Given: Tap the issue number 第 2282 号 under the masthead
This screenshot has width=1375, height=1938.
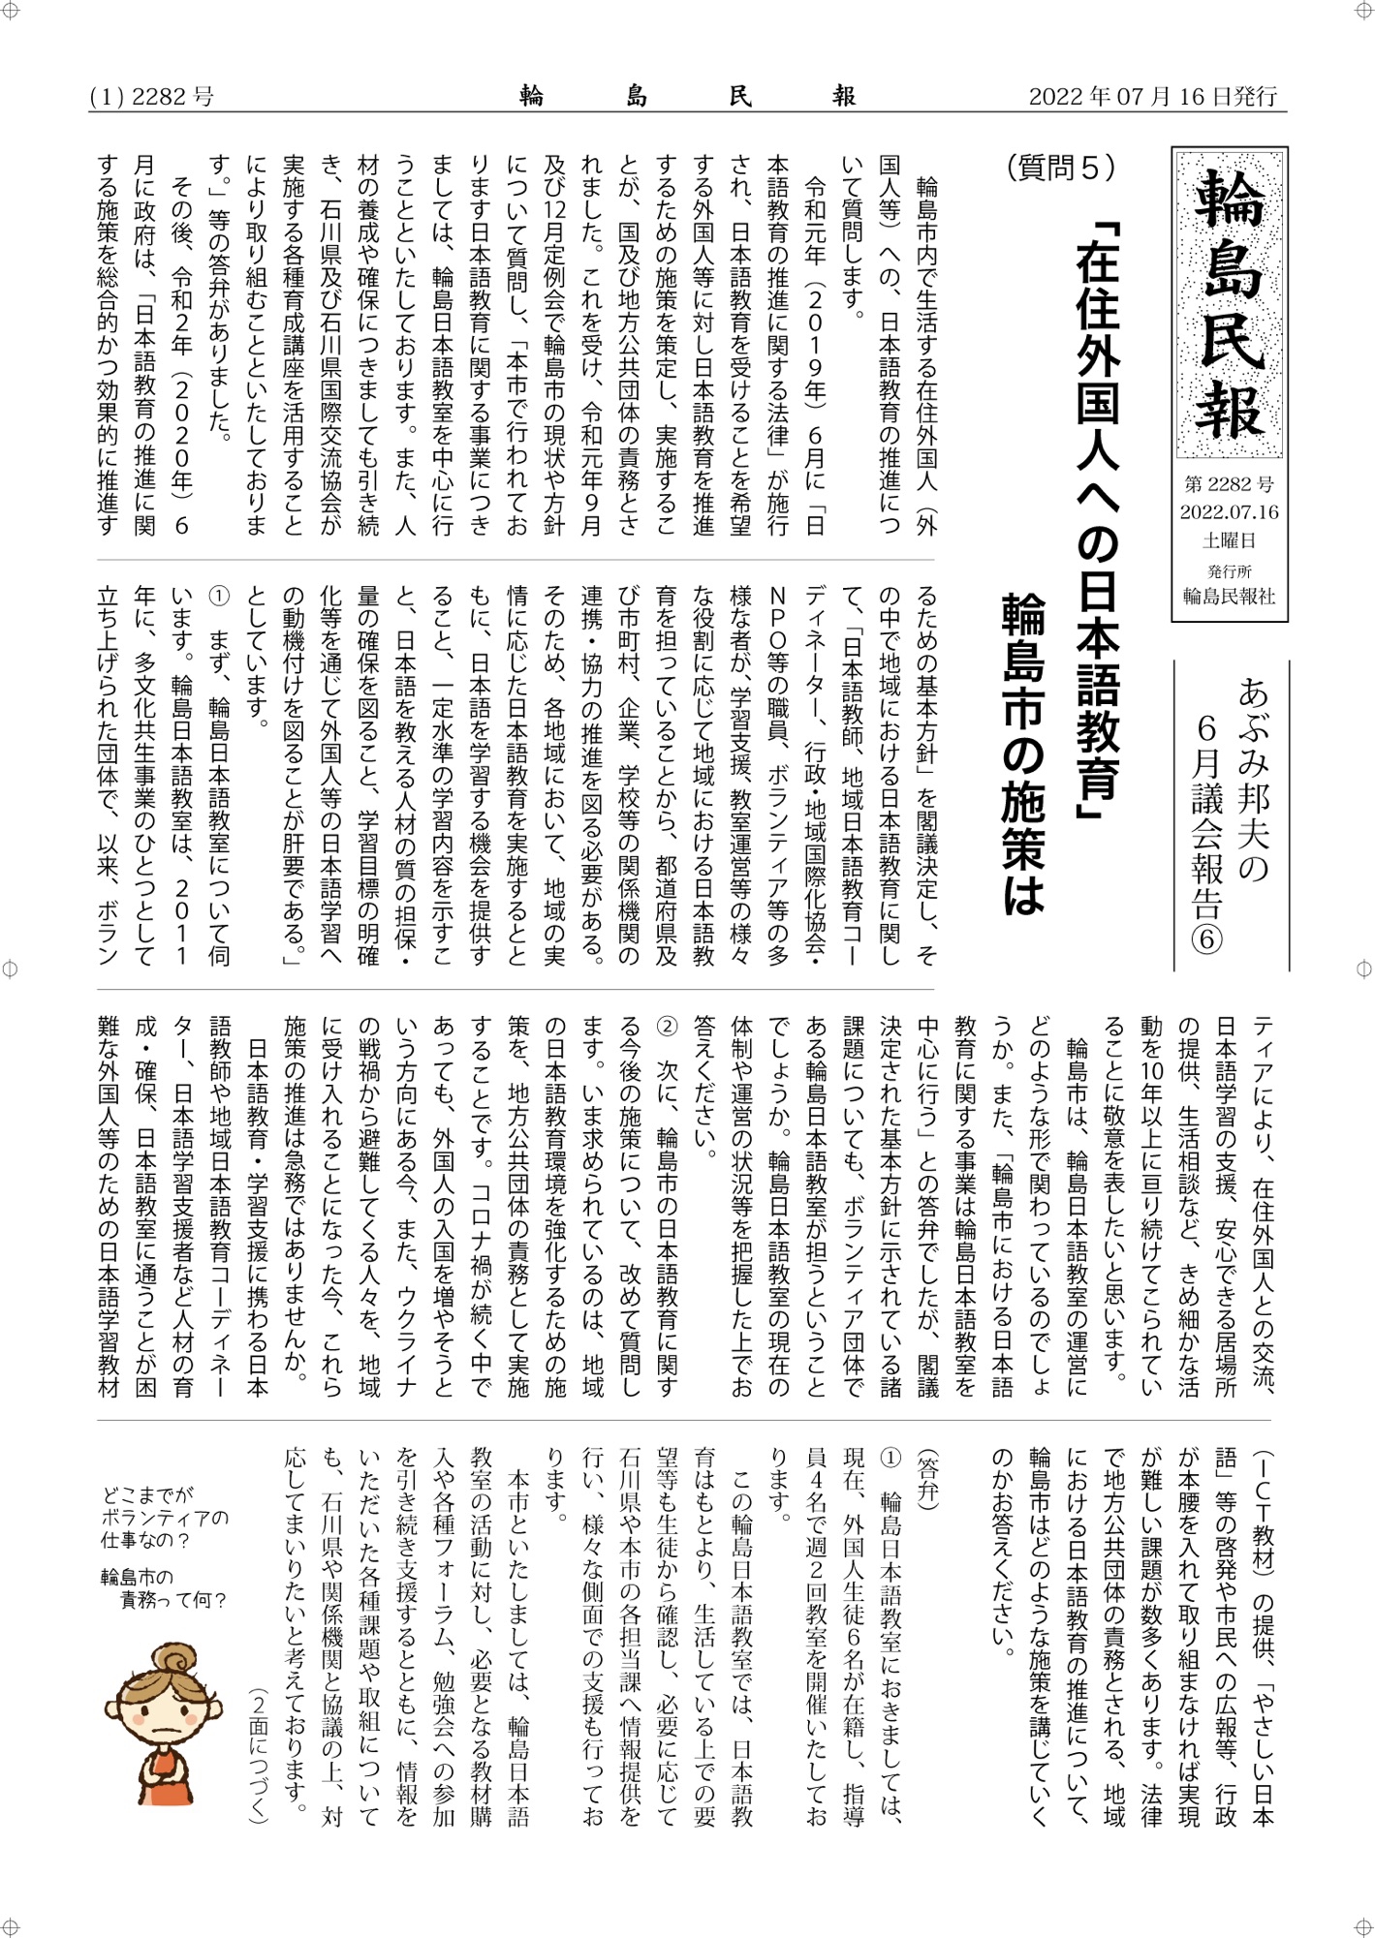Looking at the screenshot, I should point(1229,484).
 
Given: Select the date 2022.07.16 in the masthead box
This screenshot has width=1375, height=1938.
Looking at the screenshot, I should point(1229,511).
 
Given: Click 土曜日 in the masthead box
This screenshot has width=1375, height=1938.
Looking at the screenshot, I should point(1229,539).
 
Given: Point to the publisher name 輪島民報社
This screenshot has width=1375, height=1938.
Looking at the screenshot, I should point(1229,596).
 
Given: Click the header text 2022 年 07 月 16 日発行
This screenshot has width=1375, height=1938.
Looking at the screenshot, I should point(1152,97).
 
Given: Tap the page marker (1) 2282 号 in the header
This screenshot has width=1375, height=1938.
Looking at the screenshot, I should point(151,97).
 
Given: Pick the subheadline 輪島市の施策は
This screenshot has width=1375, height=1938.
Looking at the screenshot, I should point(1023,755).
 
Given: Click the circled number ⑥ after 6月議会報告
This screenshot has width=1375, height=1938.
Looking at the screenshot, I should point(1206,939).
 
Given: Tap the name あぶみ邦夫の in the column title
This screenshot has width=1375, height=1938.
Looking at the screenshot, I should point(1254,781).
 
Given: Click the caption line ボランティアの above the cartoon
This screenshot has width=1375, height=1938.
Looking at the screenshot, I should point(164,1518).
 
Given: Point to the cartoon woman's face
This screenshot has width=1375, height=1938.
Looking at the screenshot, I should point(164,1715).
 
